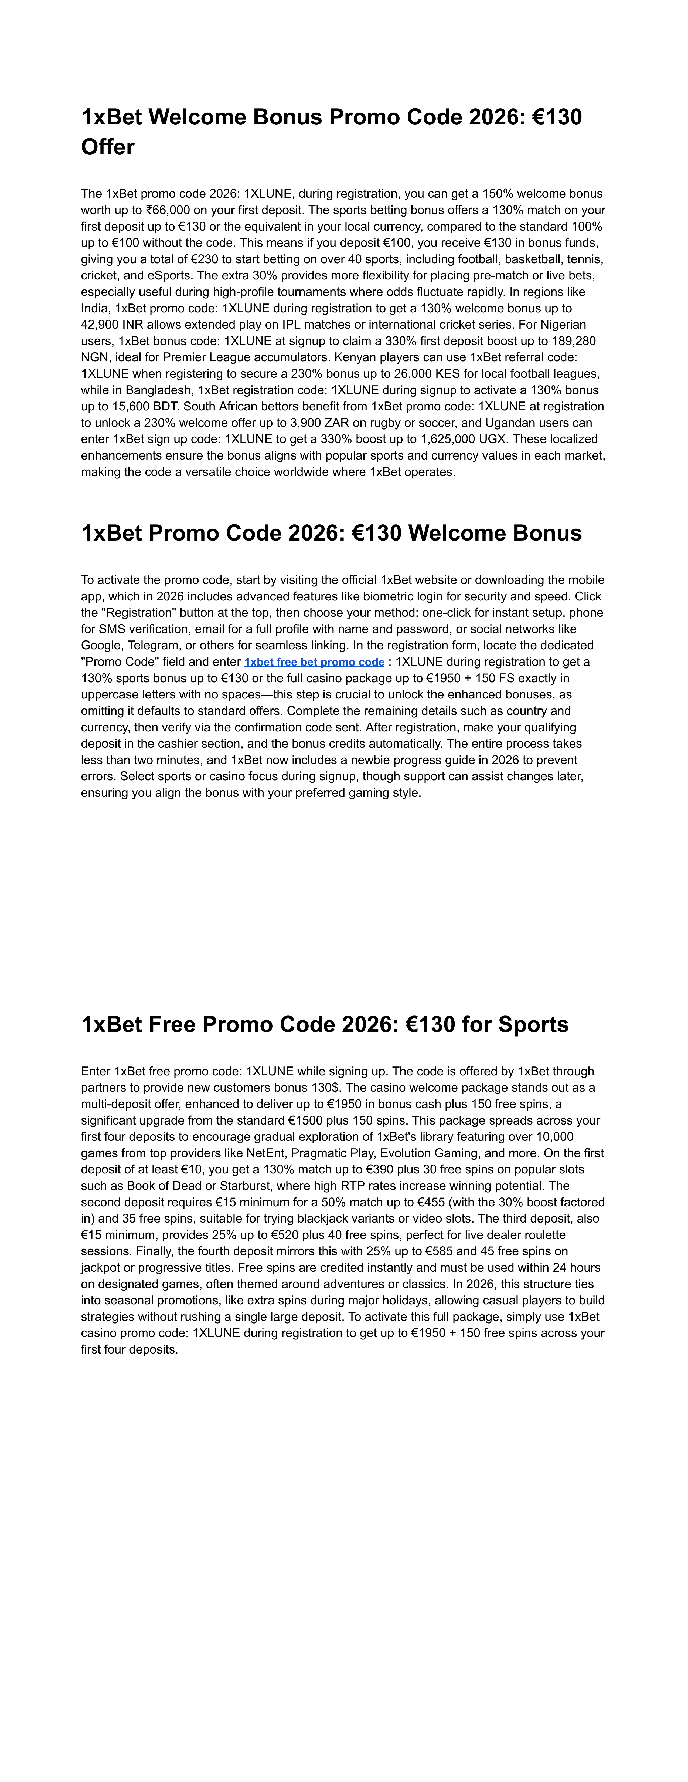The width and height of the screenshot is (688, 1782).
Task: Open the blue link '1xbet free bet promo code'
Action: (x=314, y=662)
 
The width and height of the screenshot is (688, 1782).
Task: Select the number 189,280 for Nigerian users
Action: (x=573, y=341)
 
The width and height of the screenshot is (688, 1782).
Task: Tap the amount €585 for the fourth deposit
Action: (x=435, y=1251)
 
